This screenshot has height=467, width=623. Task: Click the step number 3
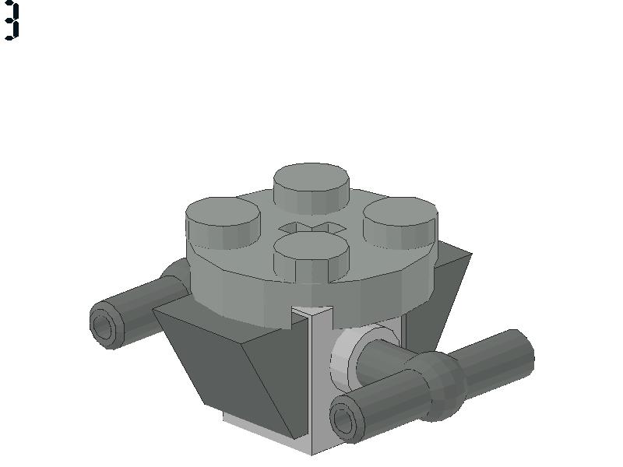11,20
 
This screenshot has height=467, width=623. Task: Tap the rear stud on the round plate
311,188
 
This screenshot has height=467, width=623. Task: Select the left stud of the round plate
223,223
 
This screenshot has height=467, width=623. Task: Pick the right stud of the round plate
400,223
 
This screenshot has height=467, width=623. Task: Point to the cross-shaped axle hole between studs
312,228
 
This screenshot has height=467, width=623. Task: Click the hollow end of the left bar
104,326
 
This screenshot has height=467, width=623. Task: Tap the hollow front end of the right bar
345,419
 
